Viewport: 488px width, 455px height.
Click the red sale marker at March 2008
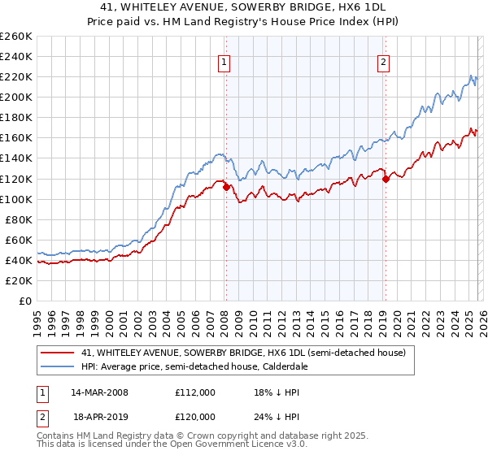pyautogui.click(x=226, y=186)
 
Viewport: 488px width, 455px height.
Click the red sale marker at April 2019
pyautogui.click(x=386, y=179)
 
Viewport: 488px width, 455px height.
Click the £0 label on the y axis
pyautogui.click(x=24, y=301)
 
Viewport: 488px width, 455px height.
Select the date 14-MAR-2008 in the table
pyautogui.click(x=99, y=392)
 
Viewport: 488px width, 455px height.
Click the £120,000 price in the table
pyautogui.click(x=195, y=415)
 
